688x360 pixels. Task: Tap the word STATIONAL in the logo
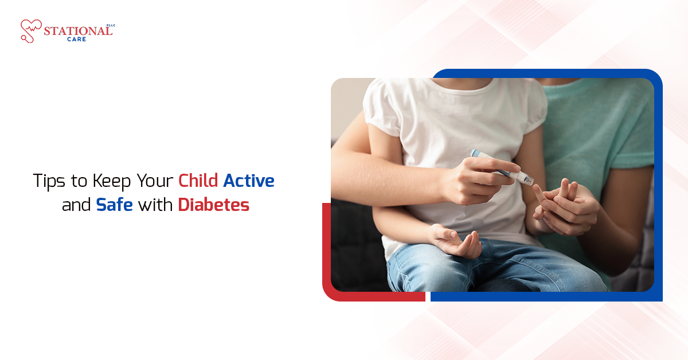(77, 31)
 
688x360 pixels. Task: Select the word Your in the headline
(155, 182)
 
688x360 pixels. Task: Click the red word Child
(198, 181)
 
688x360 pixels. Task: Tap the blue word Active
(249, 181)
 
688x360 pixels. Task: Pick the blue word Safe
(114, 205)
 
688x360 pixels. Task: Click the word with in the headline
(155, 205)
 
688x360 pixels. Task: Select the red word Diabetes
(213, 205)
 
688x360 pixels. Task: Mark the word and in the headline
(76, 205)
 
